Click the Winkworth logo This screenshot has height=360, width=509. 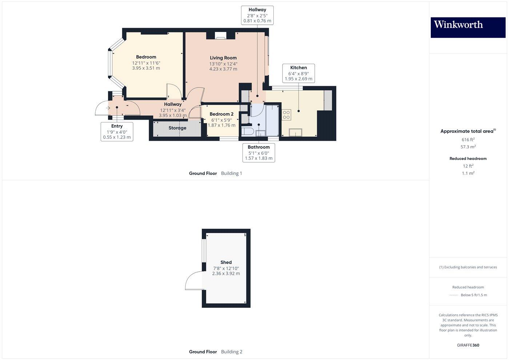pos(468,27)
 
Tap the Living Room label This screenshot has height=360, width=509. pos(223,58)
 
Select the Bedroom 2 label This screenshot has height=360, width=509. pos(221,114)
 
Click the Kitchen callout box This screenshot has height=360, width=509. pos(298,73)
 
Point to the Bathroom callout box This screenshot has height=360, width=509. pos(258,152)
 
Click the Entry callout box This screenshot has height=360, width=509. pos(117,132)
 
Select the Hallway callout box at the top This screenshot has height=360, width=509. pos(257,15)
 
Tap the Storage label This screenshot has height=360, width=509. pos(177,128)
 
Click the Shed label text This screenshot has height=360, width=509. pos(226,262)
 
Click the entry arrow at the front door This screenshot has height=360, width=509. pos(108,108)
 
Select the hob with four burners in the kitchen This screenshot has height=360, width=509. pos(286,115)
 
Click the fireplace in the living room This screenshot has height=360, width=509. pos(220,36)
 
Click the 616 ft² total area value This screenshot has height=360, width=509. pos(468,140)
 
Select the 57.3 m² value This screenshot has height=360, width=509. pos(468,147)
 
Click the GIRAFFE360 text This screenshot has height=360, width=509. pos(468,345)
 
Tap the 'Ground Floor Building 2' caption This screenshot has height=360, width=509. pos(216,352)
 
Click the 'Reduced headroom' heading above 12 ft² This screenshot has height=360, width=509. pos(468,159)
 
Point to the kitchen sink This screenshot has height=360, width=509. pos(296,132)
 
